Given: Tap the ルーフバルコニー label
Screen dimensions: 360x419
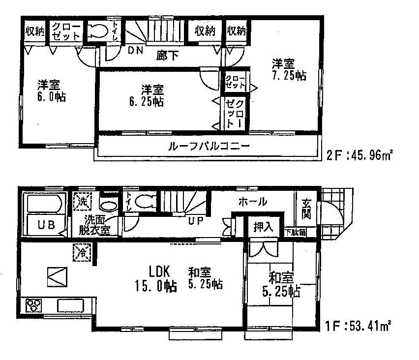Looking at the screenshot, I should [x=209, y=146].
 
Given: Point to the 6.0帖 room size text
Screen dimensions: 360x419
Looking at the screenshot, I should [x=50, y=96].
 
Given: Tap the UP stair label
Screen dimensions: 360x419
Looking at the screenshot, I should [x=195, y=221].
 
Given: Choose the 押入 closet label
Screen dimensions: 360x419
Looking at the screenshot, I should [x=264, y=227].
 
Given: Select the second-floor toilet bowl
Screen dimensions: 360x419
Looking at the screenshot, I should [x=98, y=31].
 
